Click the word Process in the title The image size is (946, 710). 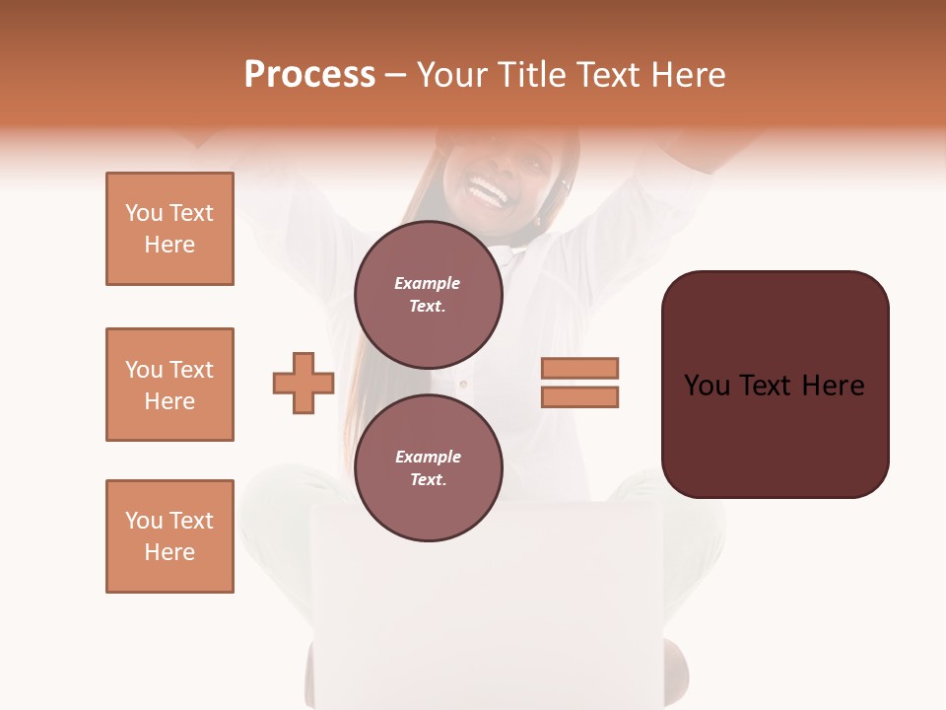pyautogui.click(x=309, y=75)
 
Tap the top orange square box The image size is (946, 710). pyautogui.click(x=169, y=229)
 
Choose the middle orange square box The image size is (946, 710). pyautogui.click(x=169, y=385)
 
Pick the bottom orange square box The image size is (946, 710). pyautogui.click(x=169, y=536)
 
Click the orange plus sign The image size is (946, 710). pyautogui.click(x=304, y=383)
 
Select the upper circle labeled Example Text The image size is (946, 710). pyautogui.click(x=428, y=294)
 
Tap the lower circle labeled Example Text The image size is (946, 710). pyautogui.click(x=428, y=467)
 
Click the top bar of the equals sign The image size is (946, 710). pyautogui.click(x=579, y=368)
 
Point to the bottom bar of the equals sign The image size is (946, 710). pyautogui.click(x=579, y=396)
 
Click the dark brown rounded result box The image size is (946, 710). pyautogui.click(x=775, y=385)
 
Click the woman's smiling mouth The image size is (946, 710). pyautogui.click(x=489, y=190)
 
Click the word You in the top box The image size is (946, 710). pyautogui.click(x=143, y=213)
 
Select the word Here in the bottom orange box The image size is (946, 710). pyautogui.click(x=169, y=552)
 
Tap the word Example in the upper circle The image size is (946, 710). pyautogui.click(x=428, y=283)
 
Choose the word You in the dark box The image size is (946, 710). pyautogui.click(x=707, y=386)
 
